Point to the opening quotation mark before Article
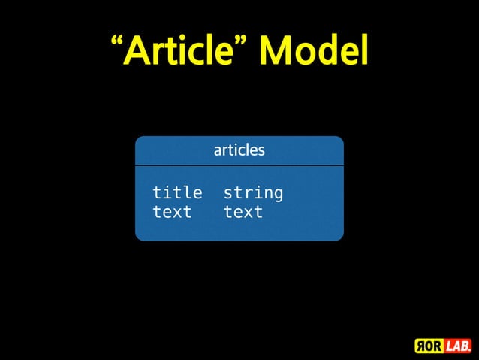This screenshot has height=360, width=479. [x=116, y=41]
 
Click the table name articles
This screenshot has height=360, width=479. [x=239, y=150]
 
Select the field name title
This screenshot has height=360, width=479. [x=177, y=193]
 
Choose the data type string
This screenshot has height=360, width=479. [x=253, y=193]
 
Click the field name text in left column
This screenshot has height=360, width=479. [x=172, y=212]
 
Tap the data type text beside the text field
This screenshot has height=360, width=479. [x=243, y=212]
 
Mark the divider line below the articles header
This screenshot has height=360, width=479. [x=239, y=165]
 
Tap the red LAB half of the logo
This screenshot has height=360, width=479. [x=456, y=346]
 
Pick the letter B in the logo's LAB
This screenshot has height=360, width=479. [x=464, y=346]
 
